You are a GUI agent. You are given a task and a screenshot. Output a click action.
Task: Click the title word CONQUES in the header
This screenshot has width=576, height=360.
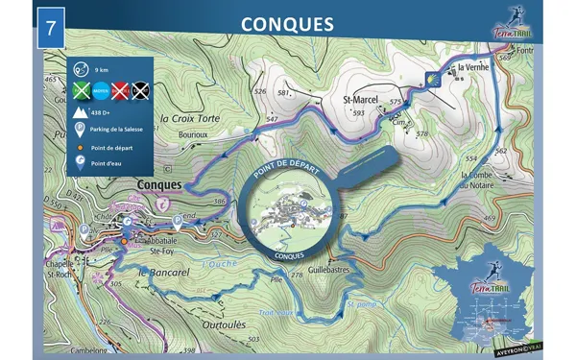point(287,22)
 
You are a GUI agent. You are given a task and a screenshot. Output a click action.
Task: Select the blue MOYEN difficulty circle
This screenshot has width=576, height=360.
point(100,92)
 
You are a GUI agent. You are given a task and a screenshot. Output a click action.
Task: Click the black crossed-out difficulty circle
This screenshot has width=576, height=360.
point(140,92)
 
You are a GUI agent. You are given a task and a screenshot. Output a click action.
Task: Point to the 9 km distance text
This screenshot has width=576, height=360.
point(101,69)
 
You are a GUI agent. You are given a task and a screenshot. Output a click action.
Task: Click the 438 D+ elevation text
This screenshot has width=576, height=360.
point(102,113)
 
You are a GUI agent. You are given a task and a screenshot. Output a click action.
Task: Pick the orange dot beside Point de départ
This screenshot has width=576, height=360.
point(81,148)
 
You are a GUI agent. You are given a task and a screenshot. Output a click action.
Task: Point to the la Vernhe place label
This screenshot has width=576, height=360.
point(473,67)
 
